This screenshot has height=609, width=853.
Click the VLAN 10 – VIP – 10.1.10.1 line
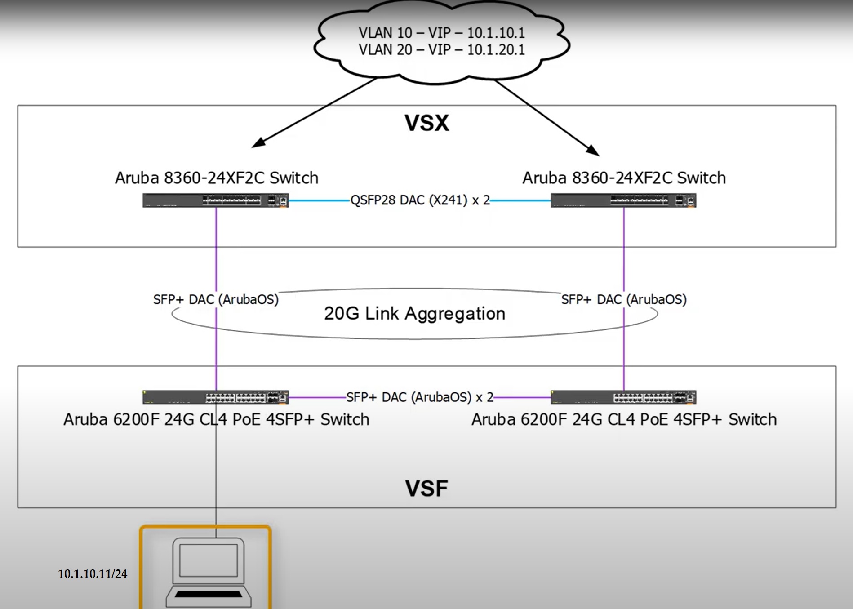[x=441, y=33]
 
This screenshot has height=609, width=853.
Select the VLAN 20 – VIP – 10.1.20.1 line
[x=441, y=49]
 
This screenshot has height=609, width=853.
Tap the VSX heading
[x=426, y=123]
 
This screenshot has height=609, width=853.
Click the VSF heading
[x=426, y=489]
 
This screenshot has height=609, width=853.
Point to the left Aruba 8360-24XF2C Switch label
[x=217, y=178]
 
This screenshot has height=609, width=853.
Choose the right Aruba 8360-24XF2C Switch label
[x=624, y=178]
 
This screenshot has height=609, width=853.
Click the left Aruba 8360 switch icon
[x=216, y=200]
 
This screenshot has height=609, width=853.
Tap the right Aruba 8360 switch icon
[x=623, y=200]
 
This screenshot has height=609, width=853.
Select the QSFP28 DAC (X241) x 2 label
[x=420, y=200]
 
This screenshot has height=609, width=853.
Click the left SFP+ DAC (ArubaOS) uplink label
[x=216, y=299]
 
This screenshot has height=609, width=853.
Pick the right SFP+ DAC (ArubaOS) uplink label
[x=624, y=299]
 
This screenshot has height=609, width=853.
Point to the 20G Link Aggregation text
[x=414, y=314]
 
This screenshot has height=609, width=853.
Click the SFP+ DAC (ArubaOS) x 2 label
[x=419, y=397]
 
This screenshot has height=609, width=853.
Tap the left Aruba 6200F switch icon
[x=216, y=397]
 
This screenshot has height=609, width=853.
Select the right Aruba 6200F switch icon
[x=623, y=397]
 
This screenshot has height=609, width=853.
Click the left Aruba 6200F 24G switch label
[x=216, y=419]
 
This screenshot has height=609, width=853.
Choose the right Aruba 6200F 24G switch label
[x=624, y=419]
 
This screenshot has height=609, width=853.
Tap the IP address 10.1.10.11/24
[x=93, y=574]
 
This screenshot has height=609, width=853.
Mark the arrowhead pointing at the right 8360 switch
[x=594, y=151]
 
